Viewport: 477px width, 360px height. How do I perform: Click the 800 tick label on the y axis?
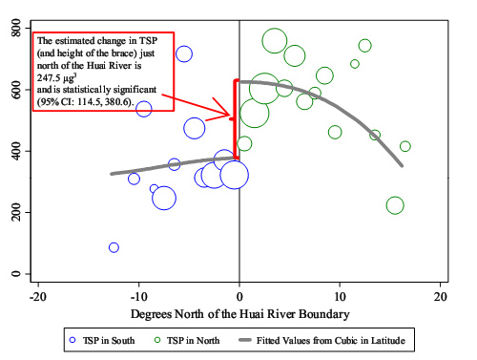tap(16, 28)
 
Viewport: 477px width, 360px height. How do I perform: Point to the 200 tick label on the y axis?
tap(16, 212)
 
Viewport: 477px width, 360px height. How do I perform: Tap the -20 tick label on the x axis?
tap(38, 297)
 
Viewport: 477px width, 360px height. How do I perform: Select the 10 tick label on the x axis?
tap(340, 297)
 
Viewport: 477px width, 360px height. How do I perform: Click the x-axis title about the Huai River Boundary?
tap(240, 314)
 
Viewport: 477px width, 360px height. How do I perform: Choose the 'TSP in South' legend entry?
tap(102, 340)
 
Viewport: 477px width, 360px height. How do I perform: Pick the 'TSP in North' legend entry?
tap(187, 340)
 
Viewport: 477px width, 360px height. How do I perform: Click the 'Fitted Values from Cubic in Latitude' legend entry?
tap(321, 340)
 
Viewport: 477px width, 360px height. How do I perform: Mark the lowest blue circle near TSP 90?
tap(114, 247)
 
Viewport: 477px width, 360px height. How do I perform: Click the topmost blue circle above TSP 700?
tap(184, 53)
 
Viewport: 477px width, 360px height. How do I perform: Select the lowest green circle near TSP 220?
tap(395, 205)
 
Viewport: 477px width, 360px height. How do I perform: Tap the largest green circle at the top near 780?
tap(275, 41)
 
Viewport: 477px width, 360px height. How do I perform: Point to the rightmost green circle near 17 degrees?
tap(405, 146)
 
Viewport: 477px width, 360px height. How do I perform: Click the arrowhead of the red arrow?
tap(229, 116)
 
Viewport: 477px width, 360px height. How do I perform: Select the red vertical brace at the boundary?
tap(235, 119)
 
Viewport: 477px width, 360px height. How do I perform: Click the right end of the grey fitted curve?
tap(402, 165)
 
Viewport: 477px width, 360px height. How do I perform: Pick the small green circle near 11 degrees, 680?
tap(355, 64)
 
